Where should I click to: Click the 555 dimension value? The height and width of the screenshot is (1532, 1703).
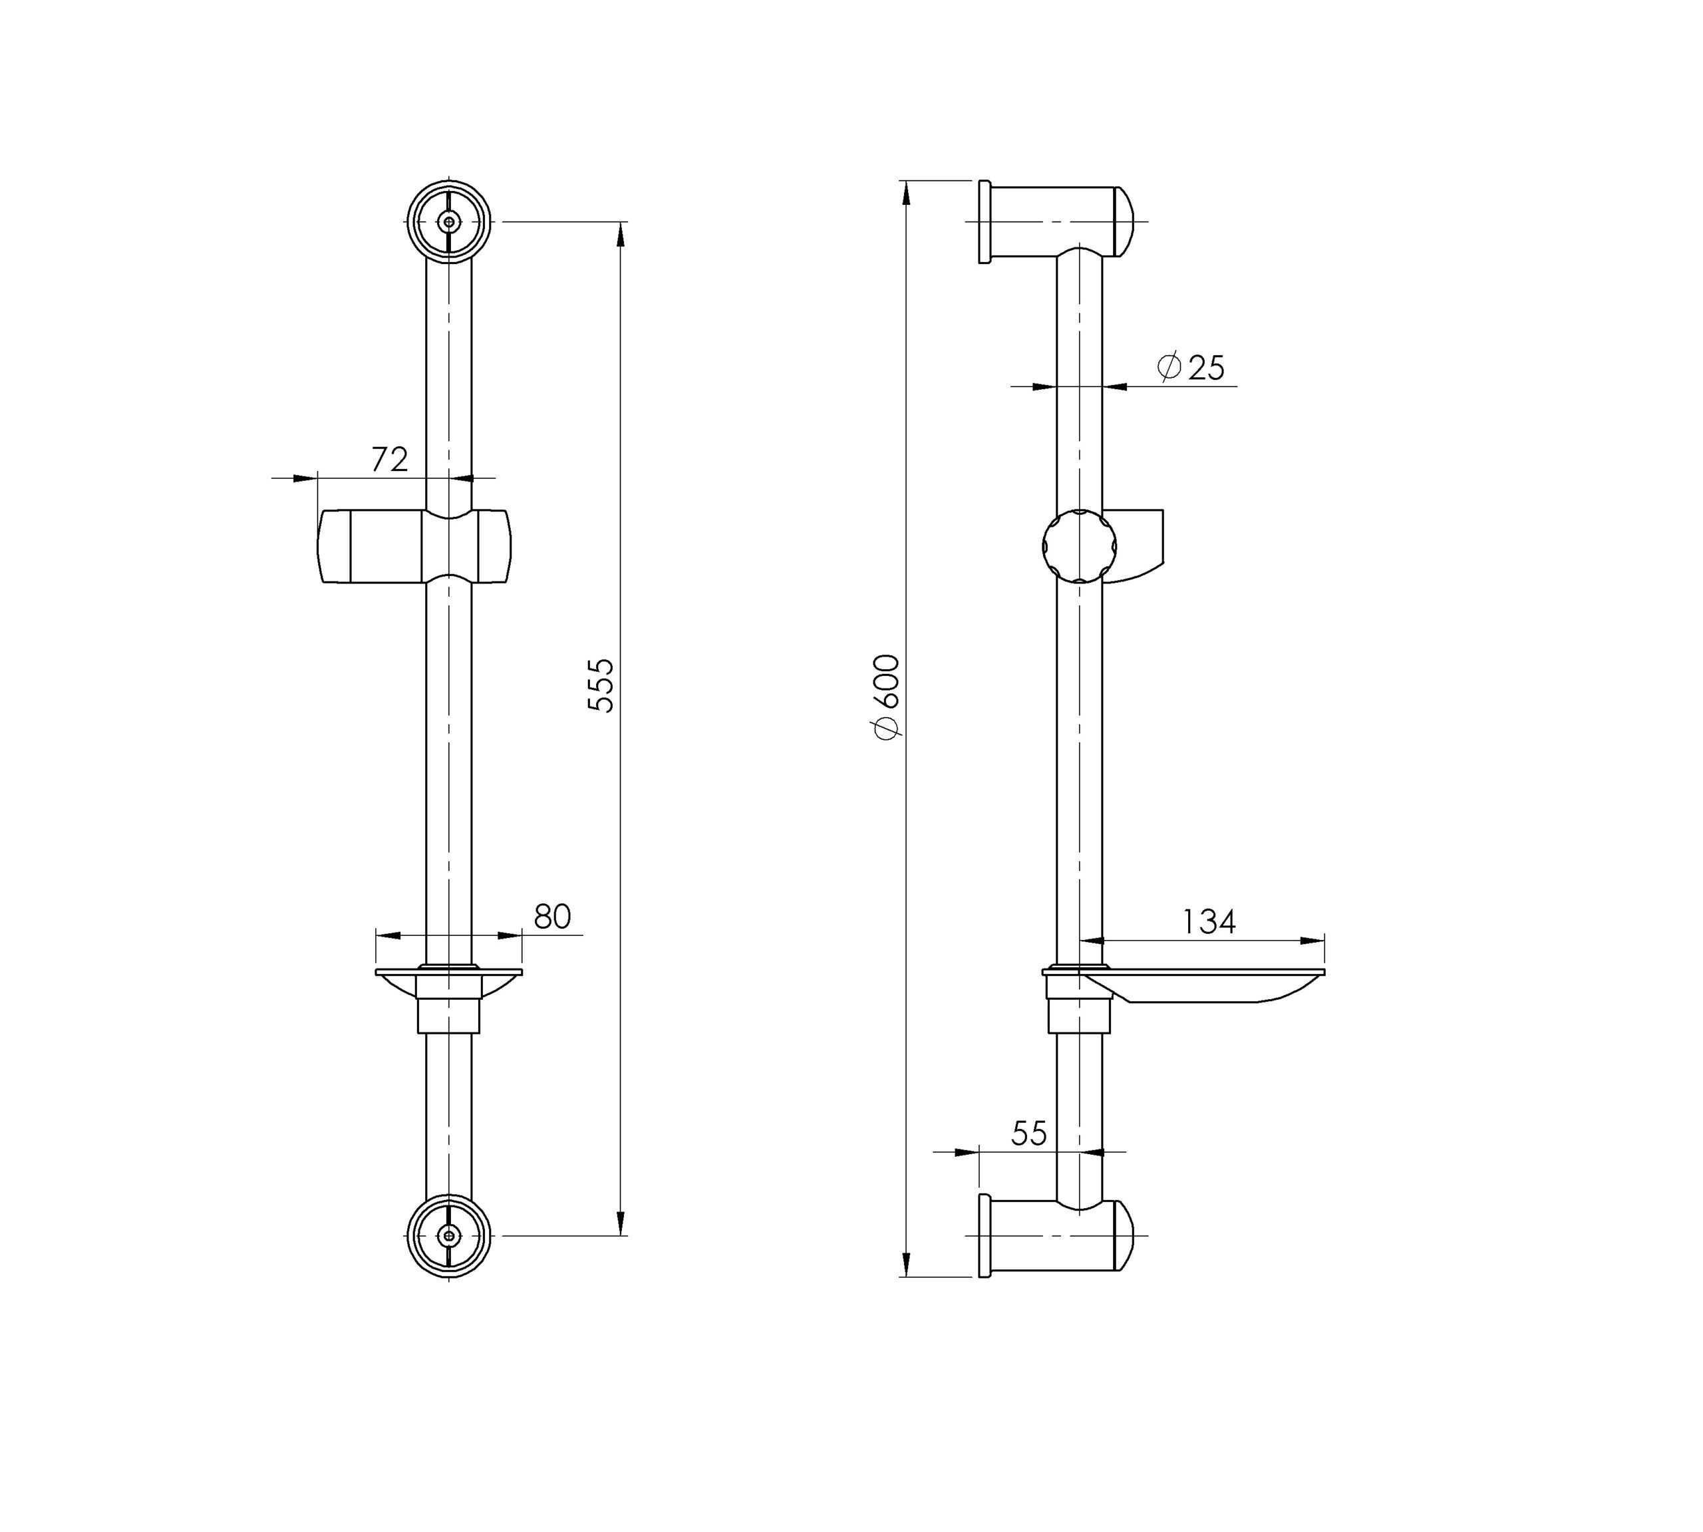pyautogui.click(x=601, y=686)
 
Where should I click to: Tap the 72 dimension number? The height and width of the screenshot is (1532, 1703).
pyautogui.click(x=390, y=459)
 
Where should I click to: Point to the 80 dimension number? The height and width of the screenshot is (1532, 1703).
pyautogui.click(x=552, y=917)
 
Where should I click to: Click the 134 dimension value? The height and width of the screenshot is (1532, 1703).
pyautogui.click(x=1208, y=922)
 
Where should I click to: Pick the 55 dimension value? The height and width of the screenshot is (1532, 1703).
pyautogui.click(x=1028, y=1134)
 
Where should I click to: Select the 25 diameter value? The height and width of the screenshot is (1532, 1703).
pyautogui.click(x=1205, y=368)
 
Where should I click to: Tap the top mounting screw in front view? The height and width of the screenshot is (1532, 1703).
pyautogui.click(x=450, y=222)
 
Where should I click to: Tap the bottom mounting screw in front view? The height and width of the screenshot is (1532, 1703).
pyautogui.click(x=450, y=1236)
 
